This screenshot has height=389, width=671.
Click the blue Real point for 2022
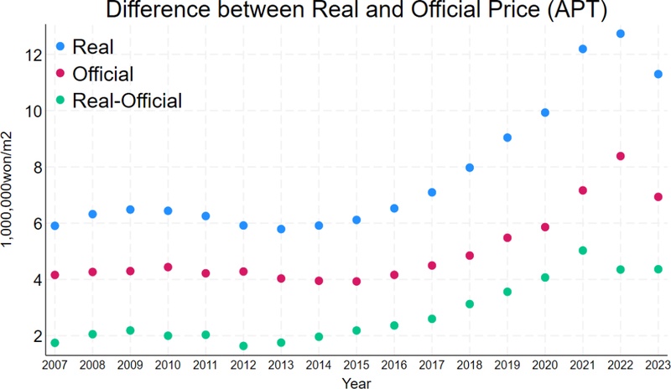click(621, 34)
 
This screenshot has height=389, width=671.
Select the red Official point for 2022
click(621, 156)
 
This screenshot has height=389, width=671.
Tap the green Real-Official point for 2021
click(583, 251)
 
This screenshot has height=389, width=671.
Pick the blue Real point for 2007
click(55, 226)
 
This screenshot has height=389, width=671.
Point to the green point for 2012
click(243, 345)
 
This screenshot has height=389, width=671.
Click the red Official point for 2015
click(356, 281)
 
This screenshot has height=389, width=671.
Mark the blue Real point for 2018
click(470, 168)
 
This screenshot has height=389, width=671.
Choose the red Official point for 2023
click(658, 197)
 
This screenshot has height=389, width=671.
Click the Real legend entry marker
click(60, 45)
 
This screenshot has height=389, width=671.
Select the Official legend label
click(103, 74)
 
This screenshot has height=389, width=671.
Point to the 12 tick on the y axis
click(33, 55)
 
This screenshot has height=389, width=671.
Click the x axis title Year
click(356, 381)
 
